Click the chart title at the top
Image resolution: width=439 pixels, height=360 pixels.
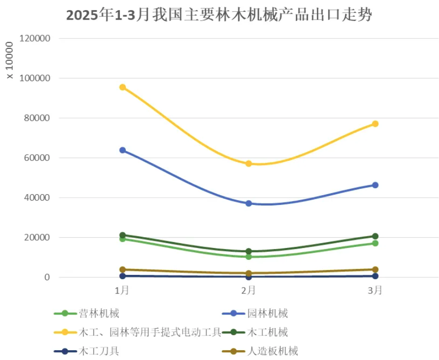[x=219, y=15]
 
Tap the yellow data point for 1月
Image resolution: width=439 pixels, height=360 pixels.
[x=122, y=87]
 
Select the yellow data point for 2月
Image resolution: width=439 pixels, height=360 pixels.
[x=249, y=163]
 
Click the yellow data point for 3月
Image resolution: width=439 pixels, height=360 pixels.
[x=375, y=124]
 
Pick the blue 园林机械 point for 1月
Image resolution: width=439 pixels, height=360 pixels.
[x=122, y=150]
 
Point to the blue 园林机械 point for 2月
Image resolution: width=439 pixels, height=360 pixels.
[x=249, y=203]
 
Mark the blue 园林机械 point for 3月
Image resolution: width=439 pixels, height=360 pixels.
[x=375, y=185]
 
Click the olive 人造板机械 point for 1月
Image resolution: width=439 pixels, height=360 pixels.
[x=122, y=270]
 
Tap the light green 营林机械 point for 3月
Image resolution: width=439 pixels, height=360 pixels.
[x=375, y=243]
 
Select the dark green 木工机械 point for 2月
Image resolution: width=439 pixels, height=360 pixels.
[x=249, y=251]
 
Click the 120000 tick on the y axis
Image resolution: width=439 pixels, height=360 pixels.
[x=35, y=38]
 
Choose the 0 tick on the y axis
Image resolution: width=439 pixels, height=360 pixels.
[x=48, y=277]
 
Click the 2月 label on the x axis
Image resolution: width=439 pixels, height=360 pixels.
[x=249, y=291]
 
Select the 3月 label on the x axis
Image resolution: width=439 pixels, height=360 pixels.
[x=375, y=291]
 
